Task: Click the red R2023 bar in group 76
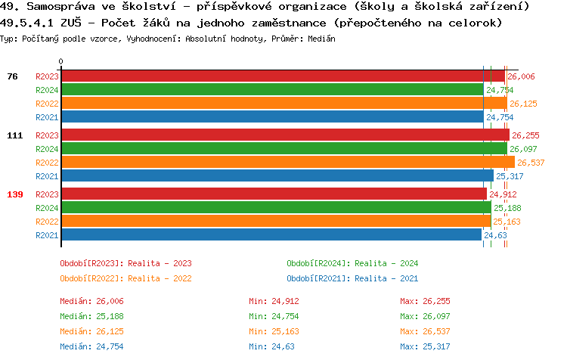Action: (282, 76)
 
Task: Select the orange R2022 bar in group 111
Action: (287, 163)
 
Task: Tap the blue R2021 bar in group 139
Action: (271, 235)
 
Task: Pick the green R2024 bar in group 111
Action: (283, 149)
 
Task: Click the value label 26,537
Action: (531, 163)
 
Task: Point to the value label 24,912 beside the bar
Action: (503, 194)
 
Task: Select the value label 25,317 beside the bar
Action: (510, 176)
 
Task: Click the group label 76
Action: (12, 76)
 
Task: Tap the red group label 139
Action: (15, 194)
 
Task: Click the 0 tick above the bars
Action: (61, 62)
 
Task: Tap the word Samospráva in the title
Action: (57, 6)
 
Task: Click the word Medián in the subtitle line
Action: (321, 38)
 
